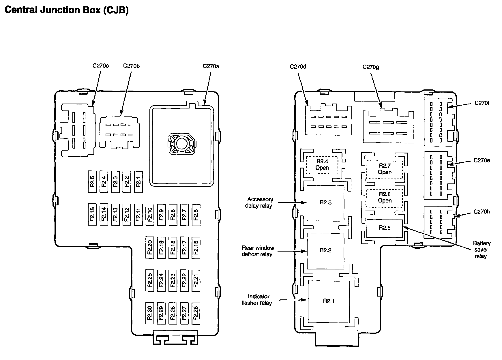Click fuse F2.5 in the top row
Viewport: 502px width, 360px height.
point(92,182)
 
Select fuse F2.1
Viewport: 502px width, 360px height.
point(138,182)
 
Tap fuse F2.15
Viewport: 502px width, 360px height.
point(92,214)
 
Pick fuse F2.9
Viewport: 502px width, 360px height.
point(161,214)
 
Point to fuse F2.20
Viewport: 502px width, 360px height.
point(150,247)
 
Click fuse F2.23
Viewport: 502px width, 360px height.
point(173,280)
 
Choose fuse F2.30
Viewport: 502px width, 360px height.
point(150,313)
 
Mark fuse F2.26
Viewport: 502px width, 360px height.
point(196,313)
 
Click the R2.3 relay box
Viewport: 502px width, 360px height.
point(325,203)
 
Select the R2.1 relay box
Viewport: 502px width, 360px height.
point(329,301)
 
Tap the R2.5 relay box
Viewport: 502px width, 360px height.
point(385,228)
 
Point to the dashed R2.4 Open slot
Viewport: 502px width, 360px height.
point(322,165)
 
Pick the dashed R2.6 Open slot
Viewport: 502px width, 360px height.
point(385,198)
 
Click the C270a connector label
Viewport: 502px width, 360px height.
point(211,66)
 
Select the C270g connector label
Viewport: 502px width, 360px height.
point(371,67)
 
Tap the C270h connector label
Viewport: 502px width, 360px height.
point(482,212)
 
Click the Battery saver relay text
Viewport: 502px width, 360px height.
point(481,250)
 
